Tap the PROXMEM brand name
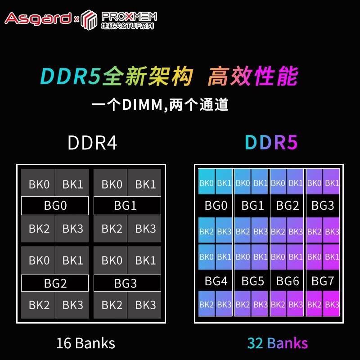tap(129, 16)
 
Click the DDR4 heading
tap(92, 143)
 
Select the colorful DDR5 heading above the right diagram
tap(271, 143)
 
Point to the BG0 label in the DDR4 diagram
tap(55, 206)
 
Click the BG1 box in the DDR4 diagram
tap(127, 206)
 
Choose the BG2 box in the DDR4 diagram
tap(55, 283)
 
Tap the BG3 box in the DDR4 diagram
tap(127, 283)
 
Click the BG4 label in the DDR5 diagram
tap(216, 282)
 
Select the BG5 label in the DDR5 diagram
tap(252, 282)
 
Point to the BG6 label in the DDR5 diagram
tap(288, 282)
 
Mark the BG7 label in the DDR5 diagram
tap(323, 282)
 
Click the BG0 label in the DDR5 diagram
tap(216, 206)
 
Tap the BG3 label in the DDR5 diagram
tap(323, 206)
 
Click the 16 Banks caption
tap(85, 343)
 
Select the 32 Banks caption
tap(278, 343)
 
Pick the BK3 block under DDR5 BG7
tap(332, 305)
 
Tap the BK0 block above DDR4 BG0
tap(39, 184)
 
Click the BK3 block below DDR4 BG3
tap(145, 305)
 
